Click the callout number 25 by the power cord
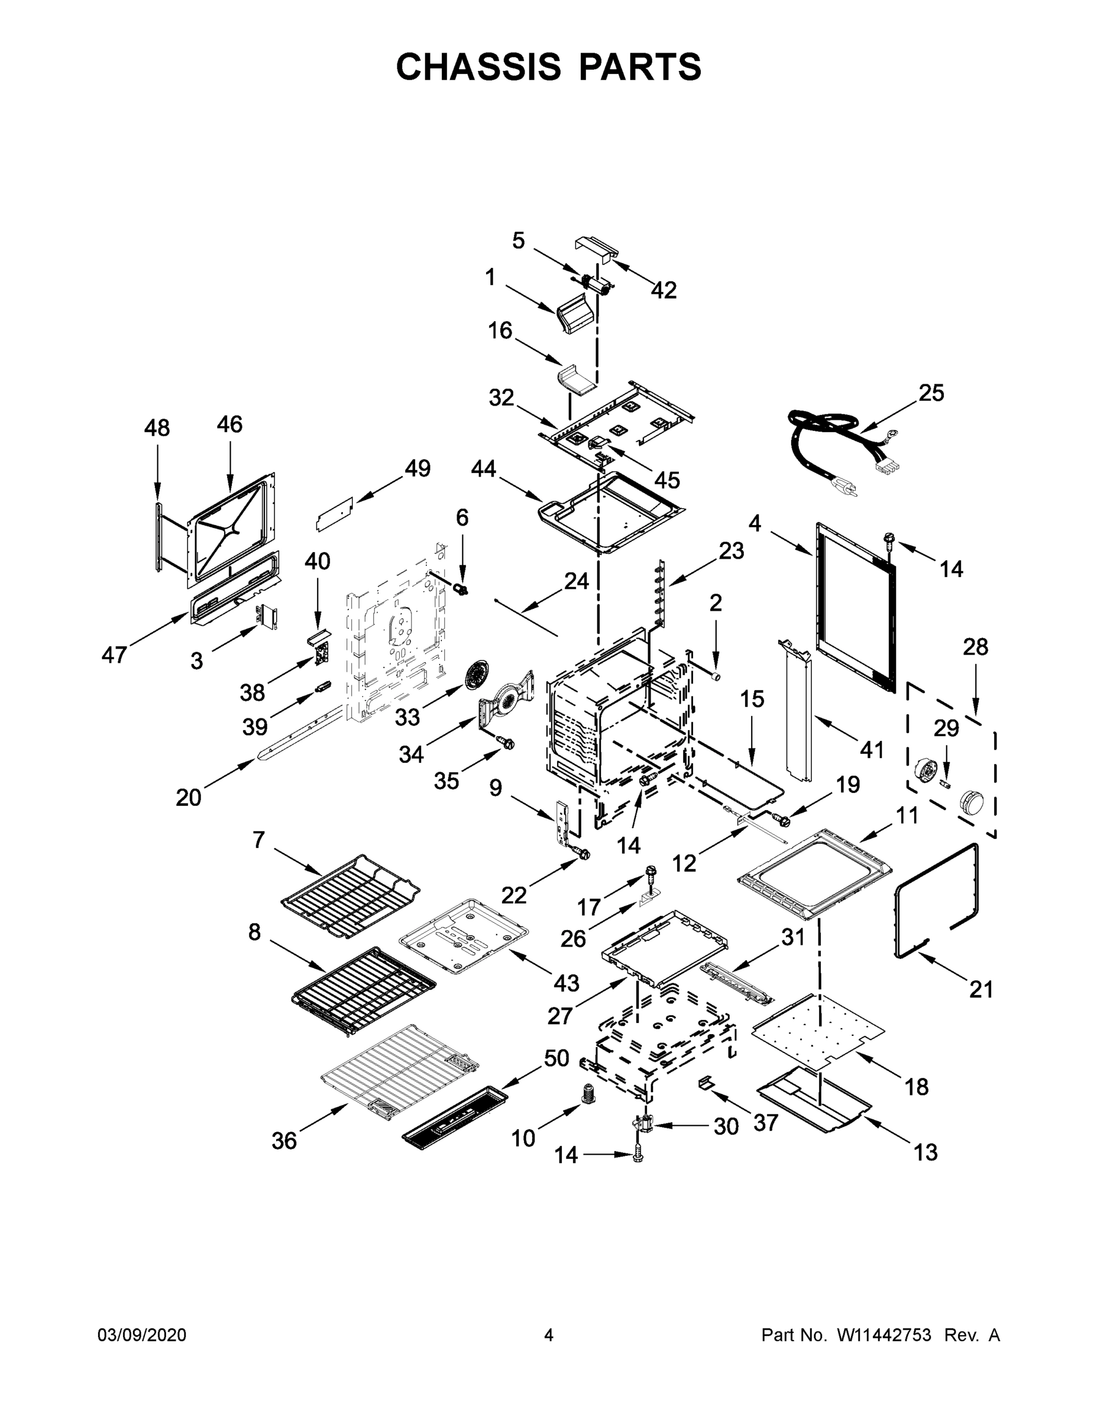point(931,393)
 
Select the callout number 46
point(229,425)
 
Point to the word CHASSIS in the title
point(478,66)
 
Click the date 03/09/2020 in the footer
point(142,1336)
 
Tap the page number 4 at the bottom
point(549,1336)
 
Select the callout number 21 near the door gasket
point(981,990)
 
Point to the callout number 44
point(484,468)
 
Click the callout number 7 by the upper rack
point(258,840)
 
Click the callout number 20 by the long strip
point(189,797)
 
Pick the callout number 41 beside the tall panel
point(872,750)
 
